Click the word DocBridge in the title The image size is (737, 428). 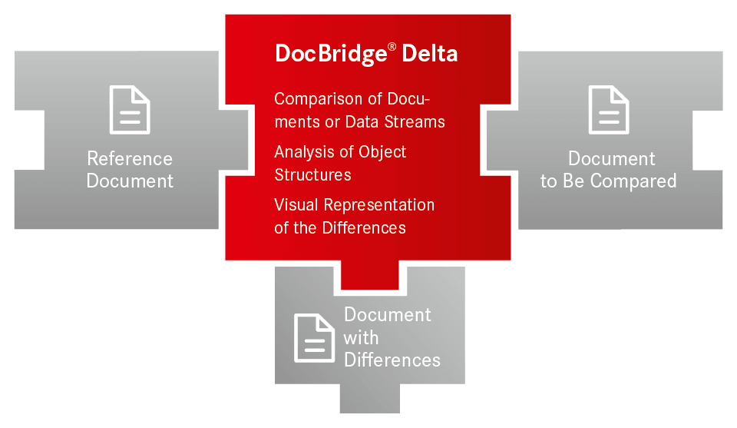[331, 54]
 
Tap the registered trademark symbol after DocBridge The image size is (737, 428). [392, 48]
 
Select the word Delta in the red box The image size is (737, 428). [430, 53]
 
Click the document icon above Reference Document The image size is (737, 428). [130, 110]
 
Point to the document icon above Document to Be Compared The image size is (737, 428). [609, 110]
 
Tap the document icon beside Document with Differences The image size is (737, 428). [315, 338]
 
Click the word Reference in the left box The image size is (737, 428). [130, 159]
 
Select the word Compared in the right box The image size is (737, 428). [633, 181]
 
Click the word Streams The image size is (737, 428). [415, 122]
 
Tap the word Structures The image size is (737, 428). [312, 175]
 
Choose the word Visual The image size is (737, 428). [296, 205]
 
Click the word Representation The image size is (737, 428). [378, 205]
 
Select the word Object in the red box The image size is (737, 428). [382, 152]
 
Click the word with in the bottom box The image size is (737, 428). [361, 337]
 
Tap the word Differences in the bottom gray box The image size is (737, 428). [392, 360]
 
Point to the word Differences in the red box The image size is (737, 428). [364, 228]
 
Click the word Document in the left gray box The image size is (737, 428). [130, 181]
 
